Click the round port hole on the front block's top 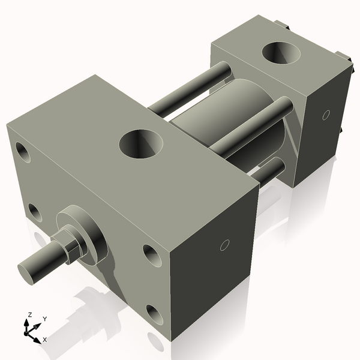(x=142, y=144)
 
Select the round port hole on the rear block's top (x=282, y=53)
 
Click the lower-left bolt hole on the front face (x=35, y=212)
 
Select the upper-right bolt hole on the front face (x=151, y=256)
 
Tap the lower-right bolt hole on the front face (x=154, y=314)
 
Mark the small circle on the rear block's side (x=326, y=114)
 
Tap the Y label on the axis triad (x=44, y=319)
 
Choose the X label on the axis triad (x=45, y=340)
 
